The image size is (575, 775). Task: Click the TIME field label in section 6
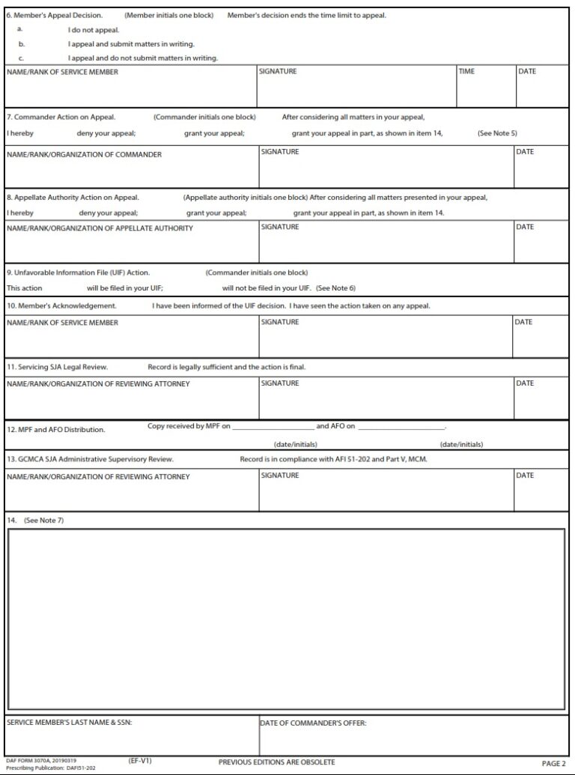tap(467, 72)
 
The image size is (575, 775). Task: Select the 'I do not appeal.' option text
tap(94, 31)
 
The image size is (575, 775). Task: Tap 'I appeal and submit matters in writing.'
tap(131, 44)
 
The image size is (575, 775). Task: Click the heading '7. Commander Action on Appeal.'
tap(61, 118)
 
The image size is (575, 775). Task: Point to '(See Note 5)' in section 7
tap(497, 133)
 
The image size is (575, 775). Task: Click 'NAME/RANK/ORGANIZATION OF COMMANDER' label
tap(84, 155)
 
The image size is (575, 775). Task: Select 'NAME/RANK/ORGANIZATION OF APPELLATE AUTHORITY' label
tap(100, 228)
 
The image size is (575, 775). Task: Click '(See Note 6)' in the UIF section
tap(335, 288)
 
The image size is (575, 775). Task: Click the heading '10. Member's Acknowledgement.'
tap(61, 306)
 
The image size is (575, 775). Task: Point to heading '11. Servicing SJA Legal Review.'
tap(58, 368)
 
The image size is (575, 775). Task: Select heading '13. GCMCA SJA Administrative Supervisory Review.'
tap(90, 459)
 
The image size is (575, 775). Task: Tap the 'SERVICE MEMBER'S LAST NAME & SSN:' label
tap(70, 723)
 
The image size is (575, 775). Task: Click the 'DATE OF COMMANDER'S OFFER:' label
tap(313, 723)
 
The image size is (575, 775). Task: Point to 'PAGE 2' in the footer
tap(553, 763)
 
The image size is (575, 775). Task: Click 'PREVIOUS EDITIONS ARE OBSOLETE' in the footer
tap(276, 762)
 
